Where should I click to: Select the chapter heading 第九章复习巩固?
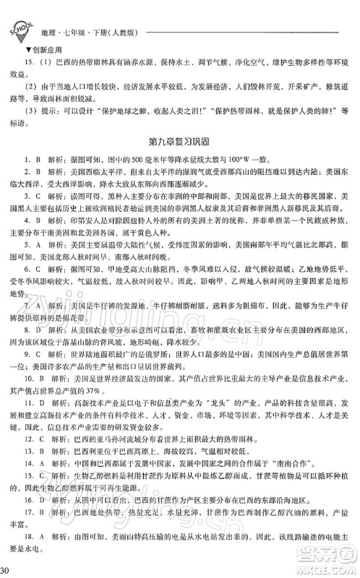(179, 134)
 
